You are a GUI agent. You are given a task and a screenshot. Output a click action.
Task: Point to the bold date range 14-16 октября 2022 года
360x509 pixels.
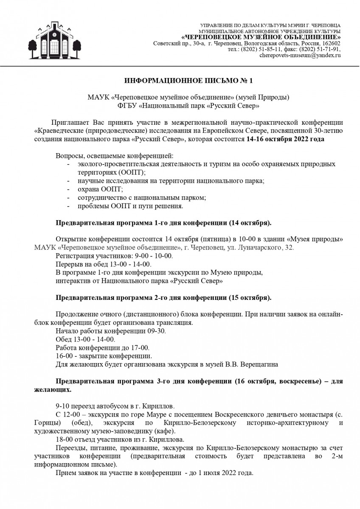tap(285, 140)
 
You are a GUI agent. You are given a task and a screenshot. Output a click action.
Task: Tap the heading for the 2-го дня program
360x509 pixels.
tap(163, 297)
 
